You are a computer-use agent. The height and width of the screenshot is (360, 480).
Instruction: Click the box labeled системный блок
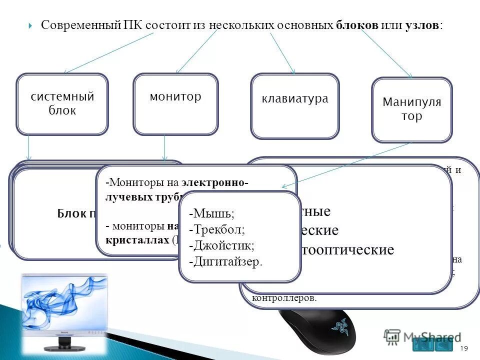pos(62,104)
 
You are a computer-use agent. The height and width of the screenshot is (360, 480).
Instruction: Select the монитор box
pos(175,104)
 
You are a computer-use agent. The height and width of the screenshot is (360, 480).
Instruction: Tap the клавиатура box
pos(295,106)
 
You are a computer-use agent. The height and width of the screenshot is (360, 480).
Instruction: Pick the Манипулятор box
pos(411,110)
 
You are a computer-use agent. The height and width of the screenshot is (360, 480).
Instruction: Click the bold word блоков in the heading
pos(357,25)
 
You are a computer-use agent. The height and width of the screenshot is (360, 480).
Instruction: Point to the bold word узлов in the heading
pos(422,25)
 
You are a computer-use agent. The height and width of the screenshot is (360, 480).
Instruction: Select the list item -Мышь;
pos(211,213)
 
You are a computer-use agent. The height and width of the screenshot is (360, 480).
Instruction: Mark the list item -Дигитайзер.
pos(225,262)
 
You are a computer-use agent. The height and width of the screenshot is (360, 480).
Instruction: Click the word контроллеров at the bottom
pos(285,298)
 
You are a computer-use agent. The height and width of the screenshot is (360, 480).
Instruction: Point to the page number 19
pos(463,348)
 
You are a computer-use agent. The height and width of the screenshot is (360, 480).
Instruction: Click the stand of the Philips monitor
pos(64,343)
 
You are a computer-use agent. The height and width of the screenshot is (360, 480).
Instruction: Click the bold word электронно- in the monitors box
pos(215,183)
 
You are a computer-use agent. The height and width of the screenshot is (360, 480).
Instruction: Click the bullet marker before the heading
pos(31,25)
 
